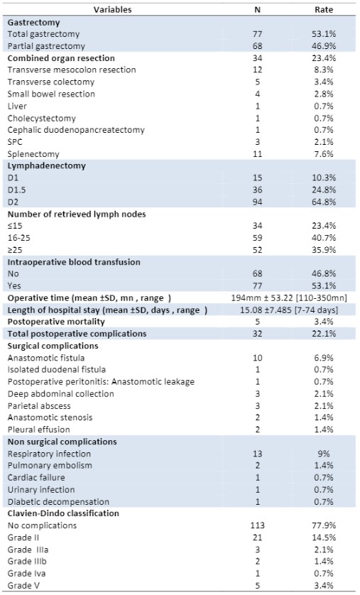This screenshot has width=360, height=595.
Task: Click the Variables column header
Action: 113,9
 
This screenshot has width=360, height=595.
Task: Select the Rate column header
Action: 324,9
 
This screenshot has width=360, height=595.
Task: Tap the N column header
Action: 257,9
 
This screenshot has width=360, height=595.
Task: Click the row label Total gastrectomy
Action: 43,34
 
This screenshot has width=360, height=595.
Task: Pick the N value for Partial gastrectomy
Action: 257,46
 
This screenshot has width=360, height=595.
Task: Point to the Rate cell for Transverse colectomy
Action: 324,82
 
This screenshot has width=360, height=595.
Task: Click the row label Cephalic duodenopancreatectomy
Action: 76,130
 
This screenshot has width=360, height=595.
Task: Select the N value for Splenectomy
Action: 257,154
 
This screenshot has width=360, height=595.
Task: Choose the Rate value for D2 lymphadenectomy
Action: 324,202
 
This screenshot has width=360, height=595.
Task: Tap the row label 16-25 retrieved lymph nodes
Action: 19,238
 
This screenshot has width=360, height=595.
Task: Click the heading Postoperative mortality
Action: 56,322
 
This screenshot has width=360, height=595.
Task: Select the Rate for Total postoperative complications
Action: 324,334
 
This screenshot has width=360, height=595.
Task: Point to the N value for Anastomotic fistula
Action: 257,358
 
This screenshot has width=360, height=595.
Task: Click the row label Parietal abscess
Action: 39,406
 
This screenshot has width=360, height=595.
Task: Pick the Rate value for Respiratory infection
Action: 324,454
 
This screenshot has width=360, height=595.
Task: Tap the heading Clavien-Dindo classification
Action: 63,513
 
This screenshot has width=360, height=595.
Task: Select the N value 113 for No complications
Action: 257,525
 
